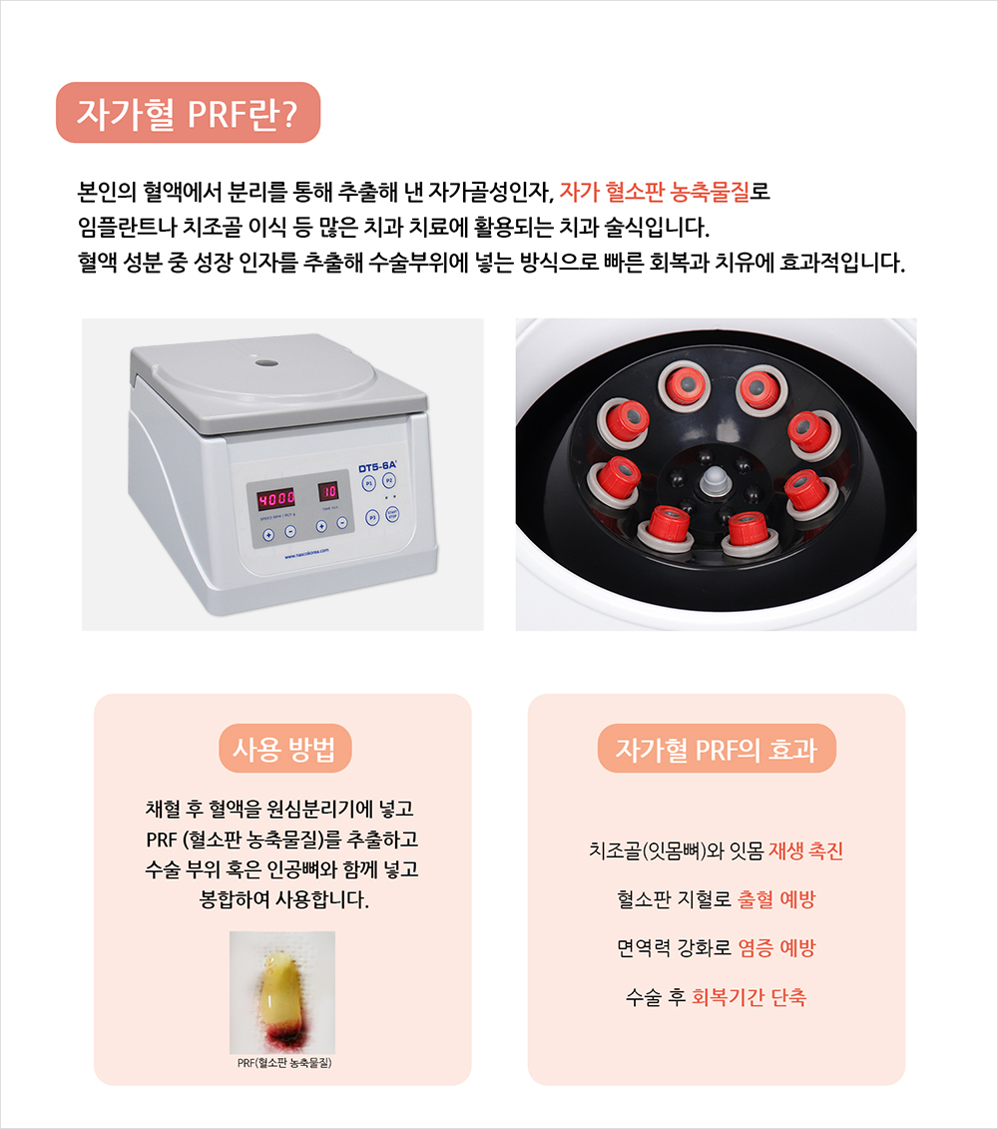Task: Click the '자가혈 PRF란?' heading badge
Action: [188, 113]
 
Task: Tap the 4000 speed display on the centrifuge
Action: [276, 497]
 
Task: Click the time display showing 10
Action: [328, 491]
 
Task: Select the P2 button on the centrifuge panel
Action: [389, 480]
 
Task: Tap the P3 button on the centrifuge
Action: [372, 517]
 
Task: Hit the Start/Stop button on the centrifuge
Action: [392, 514]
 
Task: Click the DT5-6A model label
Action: [378, 467]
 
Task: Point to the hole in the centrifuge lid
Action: [266, 362]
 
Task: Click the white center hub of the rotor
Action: [713, 480]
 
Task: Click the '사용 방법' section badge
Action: [285, 749]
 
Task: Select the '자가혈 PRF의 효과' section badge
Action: [717, 749]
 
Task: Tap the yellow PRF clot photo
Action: [282, 993]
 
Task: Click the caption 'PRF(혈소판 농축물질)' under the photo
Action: [284, 1063]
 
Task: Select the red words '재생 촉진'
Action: [805, 851]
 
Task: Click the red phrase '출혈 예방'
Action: [776, 899]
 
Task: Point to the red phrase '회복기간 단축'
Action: [748, 997]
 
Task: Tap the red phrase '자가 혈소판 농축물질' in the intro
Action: [656, 192]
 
